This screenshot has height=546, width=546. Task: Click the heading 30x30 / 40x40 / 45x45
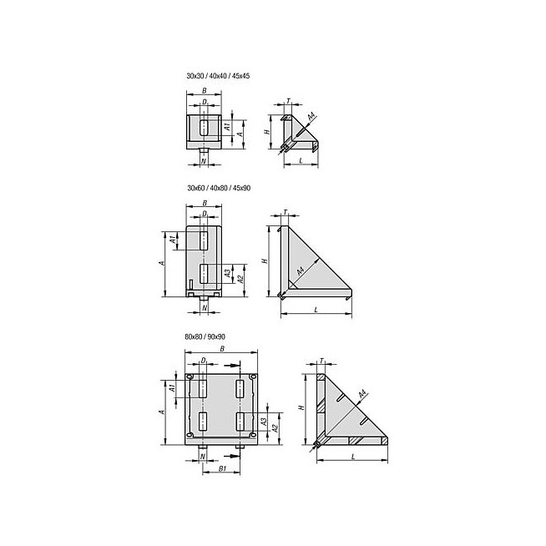[x=218, y=76]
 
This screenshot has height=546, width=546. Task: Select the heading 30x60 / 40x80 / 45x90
[x=219, y=188]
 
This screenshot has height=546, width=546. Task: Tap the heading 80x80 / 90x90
[x=205, y=336]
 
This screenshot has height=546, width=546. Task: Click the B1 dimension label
[x=223, y=468]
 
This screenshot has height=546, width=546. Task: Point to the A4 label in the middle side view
[x=301, y=270]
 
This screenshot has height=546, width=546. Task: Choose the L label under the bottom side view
[x=353, y=457]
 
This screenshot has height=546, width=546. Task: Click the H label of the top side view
[x=267, y=132]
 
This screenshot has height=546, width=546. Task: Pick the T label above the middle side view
[x=286, y=212]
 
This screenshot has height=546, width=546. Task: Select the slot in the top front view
[x=204, y=128]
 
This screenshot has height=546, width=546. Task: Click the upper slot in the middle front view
[x=204, y=241]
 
